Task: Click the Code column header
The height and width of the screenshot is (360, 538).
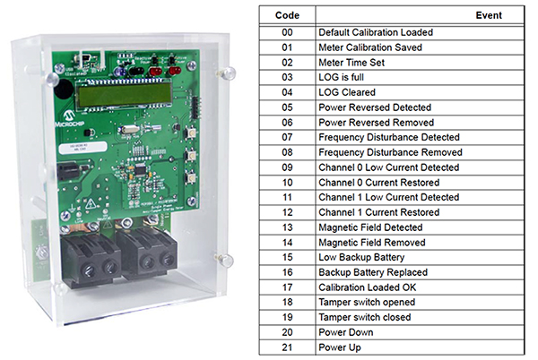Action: click(288, 15)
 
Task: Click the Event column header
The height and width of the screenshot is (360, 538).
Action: click(489, 15)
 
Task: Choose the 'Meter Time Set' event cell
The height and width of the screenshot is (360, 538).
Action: click(353, 62)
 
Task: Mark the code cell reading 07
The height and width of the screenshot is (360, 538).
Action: click(288, 137)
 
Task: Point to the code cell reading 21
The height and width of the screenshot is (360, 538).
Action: click(288, 347)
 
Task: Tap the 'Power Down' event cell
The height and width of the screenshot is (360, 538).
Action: click(346, 332)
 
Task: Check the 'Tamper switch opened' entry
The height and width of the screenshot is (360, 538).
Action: click(365, 303)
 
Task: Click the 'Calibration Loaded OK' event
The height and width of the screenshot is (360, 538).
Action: click(369, 287)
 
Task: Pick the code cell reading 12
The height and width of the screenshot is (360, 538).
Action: click(288, 212)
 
